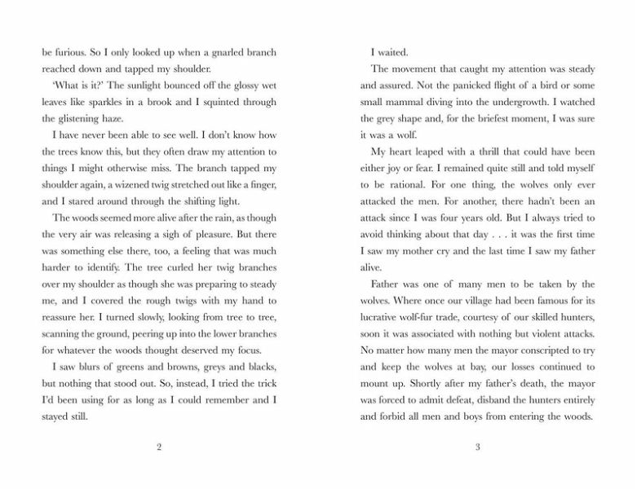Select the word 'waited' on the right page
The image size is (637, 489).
[x=396, y=51]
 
